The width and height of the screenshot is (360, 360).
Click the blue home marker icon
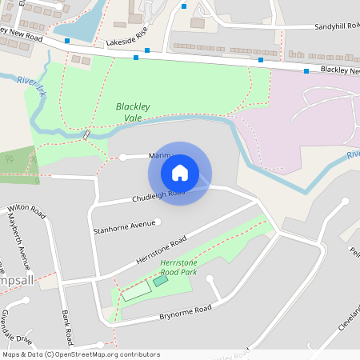(180, 173)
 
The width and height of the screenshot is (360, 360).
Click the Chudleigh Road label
(158, 196)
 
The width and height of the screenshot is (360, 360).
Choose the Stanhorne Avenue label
(124, 223)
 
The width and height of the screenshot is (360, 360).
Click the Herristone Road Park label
(178, 267)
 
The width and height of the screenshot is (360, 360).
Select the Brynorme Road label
(185, 312)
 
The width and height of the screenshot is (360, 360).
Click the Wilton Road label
(24, 209)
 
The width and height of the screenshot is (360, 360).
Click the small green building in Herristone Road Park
(161, 280)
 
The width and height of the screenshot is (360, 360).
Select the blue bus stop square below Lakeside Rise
(136, 58)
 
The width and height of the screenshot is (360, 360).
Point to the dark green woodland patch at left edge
(16, 164)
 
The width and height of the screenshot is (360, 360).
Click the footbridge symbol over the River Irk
(86, 134)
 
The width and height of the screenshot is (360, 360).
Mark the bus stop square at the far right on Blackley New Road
(306, 71)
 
